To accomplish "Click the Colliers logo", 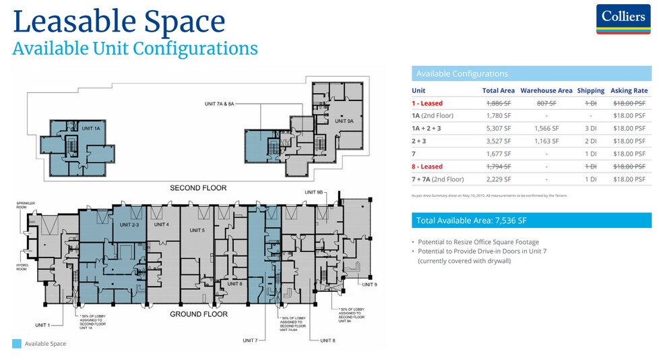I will pyautogui.click(x=623, y=19).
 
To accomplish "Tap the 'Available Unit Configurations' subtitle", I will pyautogui.click(x=135, y=49).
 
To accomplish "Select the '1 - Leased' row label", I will pyautogui.click(x=427, y=103).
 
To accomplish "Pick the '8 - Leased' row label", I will pyautogui.click(x=427, y=167).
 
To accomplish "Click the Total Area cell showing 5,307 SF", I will pyautogui.click(x=498, y=128).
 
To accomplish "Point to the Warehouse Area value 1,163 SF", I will pyautogui.click(x=546, y=141).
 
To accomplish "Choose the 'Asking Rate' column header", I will pyautogui.click(x=629, y=90).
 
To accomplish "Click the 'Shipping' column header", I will pyautogui.click(x=590, y=90).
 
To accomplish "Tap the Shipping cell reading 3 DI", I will pyautogui.click(x=590, y=128).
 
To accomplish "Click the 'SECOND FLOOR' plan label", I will pyautogui.click(x=198, y=187).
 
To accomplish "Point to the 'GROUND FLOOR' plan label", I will pyautogui.click(x=198, y=314).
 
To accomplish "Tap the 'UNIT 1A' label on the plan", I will pyautogui.click(x=91, y=128).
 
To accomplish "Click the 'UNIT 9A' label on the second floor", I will pyautogui.click(x=346, y=121).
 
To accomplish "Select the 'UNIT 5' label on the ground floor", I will pyautogui.click(x=197, y=231).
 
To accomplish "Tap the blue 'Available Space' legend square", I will pyautogui.click(x=17, y=344).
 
